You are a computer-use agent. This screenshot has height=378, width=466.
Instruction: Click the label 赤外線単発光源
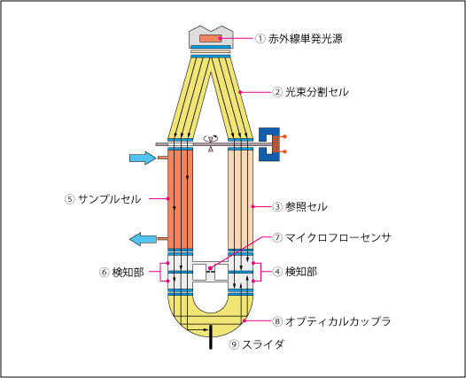click(306, 39)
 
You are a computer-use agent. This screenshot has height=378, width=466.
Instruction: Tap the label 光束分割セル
click(317, 92)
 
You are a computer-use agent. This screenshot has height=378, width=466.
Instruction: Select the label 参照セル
click(307, 206)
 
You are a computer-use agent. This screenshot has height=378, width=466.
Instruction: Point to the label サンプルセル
click(109, 198)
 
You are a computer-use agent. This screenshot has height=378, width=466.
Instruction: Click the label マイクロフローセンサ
click(338, 237)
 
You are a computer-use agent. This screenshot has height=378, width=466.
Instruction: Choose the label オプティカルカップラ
click(338, 321)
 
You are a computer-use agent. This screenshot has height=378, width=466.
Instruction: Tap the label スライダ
click(263, 344)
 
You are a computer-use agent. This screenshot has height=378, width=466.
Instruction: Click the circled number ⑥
click(104, 273)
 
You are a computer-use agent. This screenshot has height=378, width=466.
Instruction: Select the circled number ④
click(277, 272)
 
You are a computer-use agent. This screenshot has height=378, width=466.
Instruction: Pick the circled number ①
click(260, 39)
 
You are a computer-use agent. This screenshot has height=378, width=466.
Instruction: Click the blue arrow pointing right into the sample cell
click(143, 158)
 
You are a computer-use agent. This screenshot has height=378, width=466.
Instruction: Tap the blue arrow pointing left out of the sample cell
click(143, 239)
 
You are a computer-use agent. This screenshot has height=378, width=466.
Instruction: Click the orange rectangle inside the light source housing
click(211, 38)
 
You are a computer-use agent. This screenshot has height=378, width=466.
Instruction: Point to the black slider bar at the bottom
click(211, 336)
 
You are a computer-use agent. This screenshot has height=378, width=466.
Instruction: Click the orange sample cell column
click(181, 199)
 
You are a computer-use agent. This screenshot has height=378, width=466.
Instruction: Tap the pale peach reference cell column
click(240, 199)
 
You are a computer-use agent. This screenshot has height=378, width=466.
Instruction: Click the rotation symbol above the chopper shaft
click(211, 138)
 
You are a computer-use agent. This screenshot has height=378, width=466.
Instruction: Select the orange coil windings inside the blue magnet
click(276, 144)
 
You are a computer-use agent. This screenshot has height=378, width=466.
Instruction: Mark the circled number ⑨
click(234, 344)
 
